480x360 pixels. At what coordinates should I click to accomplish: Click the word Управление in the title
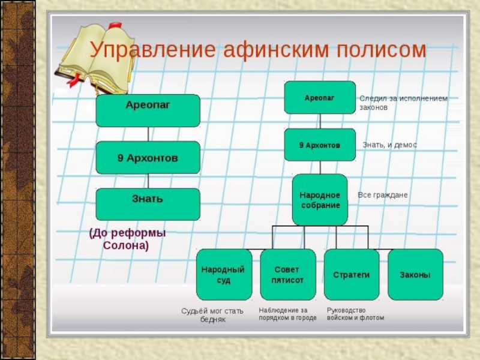click(x=152, y=50)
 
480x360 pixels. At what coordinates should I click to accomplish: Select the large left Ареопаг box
click(x=148, y=110)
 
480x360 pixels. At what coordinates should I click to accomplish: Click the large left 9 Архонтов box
click(x=148, y=158)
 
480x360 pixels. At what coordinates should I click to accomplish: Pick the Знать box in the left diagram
click(x=148, y=204)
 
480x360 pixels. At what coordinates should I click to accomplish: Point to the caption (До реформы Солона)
click(x=127, y=239)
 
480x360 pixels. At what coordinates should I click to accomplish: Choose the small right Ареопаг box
click(x=320, y=97)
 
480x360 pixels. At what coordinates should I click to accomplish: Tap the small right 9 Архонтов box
click(x=320, y=145)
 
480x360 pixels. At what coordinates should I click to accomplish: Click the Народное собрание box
click(x=320, y=200)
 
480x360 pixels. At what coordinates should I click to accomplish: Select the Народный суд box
click(x=224, y=275)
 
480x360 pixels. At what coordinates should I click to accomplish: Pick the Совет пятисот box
click(x=287, y=275)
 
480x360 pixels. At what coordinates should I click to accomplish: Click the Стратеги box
click(x=352, y=275)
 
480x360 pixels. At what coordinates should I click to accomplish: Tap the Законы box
click(x=415, y=275)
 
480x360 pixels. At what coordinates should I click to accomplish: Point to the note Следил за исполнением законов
click(x=403, y=103)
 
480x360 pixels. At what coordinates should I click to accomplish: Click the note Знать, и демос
click(x=389, y=145)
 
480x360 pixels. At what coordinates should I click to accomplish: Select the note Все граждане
click(x=382, y=195)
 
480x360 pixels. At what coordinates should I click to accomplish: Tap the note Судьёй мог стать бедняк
click(x=212, y=316)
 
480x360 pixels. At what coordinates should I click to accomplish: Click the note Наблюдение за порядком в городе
click(x=287, y=314)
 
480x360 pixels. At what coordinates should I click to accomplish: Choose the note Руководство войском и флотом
click(x=355, y=314)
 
